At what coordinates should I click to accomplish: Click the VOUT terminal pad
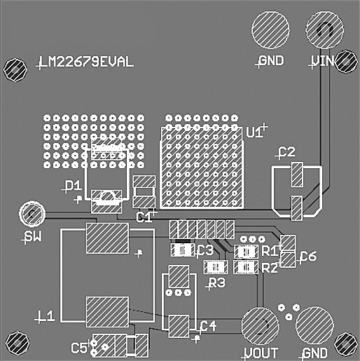pyautogui.click(x=261, y=325)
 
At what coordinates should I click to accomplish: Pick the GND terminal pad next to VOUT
pyautogui.click(x=314, y=325)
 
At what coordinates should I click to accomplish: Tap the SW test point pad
pyautogui.click(x=32, y=213)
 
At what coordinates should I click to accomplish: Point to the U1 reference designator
pyautogui.click(x=255, y=132)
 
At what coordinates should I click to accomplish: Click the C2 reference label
pyautogui.click(x=287, y=152)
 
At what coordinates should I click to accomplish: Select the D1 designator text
pyautogui.click(x=73, y=186)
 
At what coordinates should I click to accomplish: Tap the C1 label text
pyautogui.click(x=144, y=217)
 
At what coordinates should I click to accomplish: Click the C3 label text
pyautogui.click(x=205, y=250)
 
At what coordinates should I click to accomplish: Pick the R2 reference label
pyautogui.click(x=270, y=267)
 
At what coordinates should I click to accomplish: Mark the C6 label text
pyautogui.click(x=307, y=257)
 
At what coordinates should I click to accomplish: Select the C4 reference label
pyautogui.click(x=208, y=326)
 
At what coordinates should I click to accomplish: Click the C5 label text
pyautogui.click(x=80, y=346)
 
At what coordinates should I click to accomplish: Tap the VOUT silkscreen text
pyautogui.click(x=261, y=353)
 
